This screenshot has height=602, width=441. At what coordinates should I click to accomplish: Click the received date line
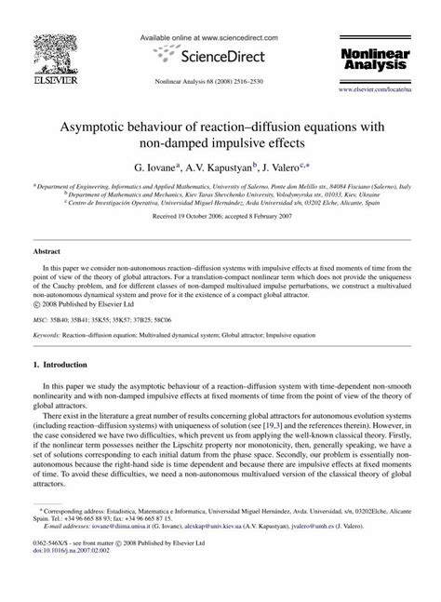click(x=220, y=217)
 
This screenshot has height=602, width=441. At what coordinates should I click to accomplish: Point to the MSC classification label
click(x=41, y=317)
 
